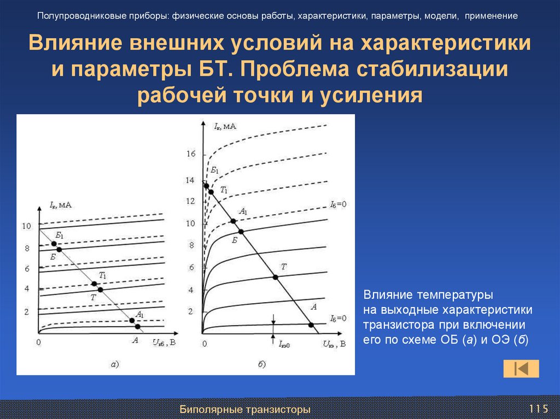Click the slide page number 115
click(538, 409)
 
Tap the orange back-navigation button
click(521, 369)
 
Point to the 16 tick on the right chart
click(190, 155)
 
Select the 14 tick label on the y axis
click(190, 180)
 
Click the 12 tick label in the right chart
click(190, 202)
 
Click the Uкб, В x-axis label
click(164, 343)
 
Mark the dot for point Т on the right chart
click(275, 277)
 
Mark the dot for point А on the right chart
click(311, 325)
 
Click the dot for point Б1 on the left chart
click(54, 244)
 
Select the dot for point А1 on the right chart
click(234, 221)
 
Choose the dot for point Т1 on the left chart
click(94, 284)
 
